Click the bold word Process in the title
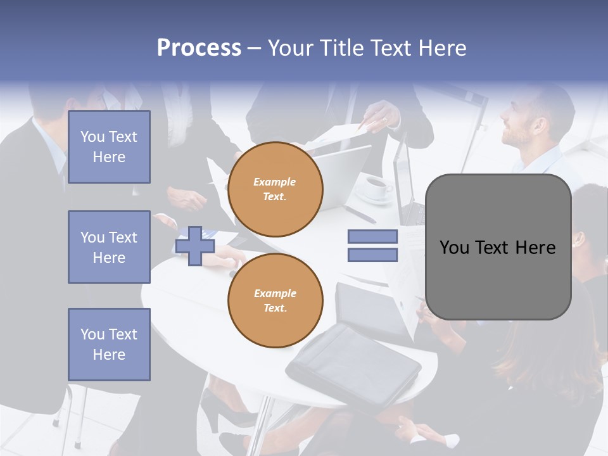pyautogui.click(x=199, y=48)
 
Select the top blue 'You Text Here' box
pyautogui.click(x=109, y=147)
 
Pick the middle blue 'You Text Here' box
pyautogui.click(x=109, y=247)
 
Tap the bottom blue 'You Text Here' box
pyautogui.click(x=109, y=344)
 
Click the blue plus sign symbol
pyautogui.click(x=195, y=246)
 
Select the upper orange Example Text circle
pyautogui.click(x=275, y=189)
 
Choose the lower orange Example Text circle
pyautogui.click(x=275, y=300)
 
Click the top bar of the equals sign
pyautogui.click(x=372, y=236)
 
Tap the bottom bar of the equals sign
pyautogui.click(x=372, y=255)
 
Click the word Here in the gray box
pyautogui.click(x=535, y=248)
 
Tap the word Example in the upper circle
pyautogui.click(x=274, y=182)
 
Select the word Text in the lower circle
pyautogui.click(x=275, y=308)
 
